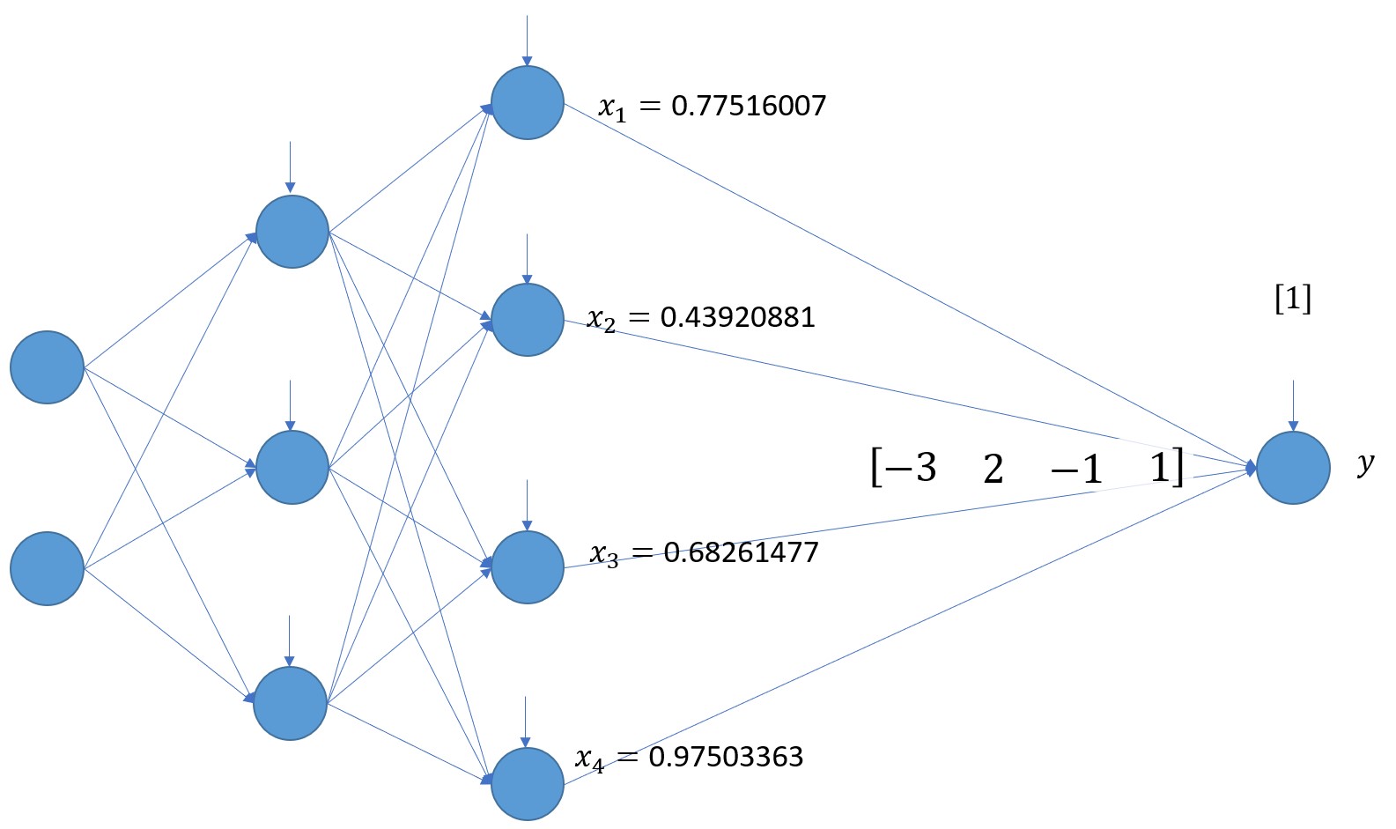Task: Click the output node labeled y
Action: coord(1292,468)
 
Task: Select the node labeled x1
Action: coord(527,102)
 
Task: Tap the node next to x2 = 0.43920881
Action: coord(527,320)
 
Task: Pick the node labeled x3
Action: coord(527,566)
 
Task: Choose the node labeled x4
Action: coord(527,783)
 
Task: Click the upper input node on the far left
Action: coord(47,367)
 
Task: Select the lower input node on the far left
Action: coord(47,568)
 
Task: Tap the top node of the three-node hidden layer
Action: coord(292,232)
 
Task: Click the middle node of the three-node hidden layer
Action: coord(292,467)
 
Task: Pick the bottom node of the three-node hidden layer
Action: coord(290,703)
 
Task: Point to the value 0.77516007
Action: coord(749,106)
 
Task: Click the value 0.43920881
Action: coord(737,316)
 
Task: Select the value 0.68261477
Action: coord(741,552)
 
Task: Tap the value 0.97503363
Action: coord(726,757)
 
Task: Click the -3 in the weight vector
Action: coord(913,466)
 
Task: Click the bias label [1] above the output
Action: coord(1292,300)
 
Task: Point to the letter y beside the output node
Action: coord(1365,463)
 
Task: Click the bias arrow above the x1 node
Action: coord(527,41)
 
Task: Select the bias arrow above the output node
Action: coord(1292,405)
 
